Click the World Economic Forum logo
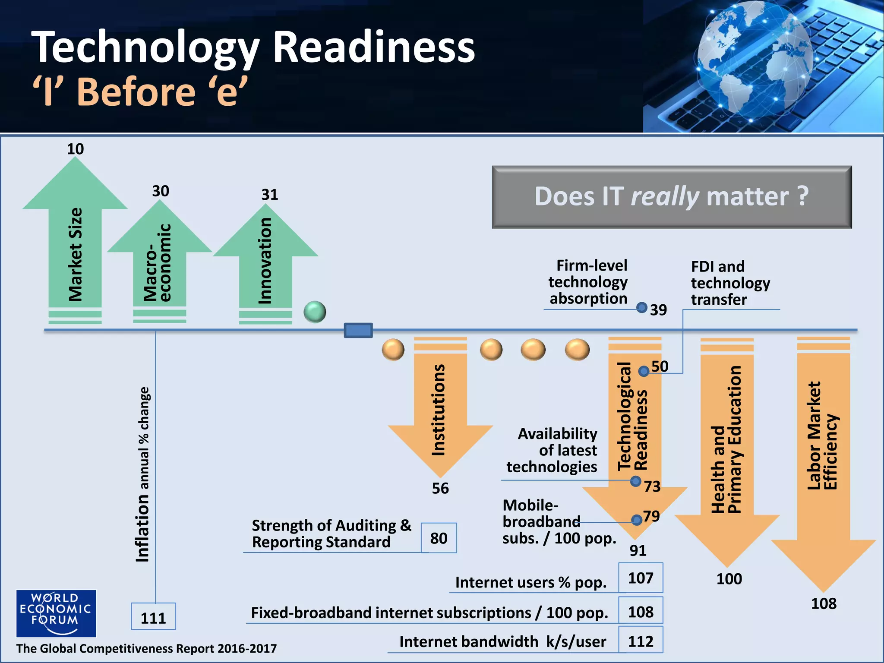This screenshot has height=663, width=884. click(x=56, y=613)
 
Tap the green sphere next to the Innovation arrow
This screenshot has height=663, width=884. click(x=315, y=312)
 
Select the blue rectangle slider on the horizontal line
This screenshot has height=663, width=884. click(x=358, y=331)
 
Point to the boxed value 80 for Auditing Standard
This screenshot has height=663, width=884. click(x=439, y=538)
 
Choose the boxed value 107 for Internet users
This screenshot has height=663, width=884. click(x=641, y=578)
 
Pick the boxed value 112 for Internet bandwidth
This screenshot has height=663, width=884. click(x=641, y=641)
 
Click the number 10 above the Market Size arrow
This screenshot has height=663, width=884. click(x=75, y=149)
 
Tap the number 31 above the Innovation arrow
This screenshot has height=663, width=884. click(x=270, y=195)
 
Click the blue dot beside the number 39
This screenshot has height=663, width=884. click(x=642, y=307)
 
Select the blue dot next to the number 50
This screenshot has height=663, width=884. click(x=644, y=371)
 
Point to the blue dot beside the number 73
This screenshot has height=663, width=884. click(x=635, y=481)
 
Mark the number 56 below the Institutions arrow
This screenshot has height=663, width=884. click(x=440, y=488)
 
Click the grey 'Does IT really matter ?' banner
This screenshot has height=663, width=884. click(x=672, y=197)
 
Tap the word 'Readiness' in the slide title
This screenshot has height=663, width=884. click(x=374, y=47)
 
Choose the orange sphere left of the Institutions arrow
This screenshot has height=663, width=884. click(x=393, y=349)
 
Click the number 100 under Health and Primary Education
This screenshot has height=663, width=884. click(x=729, y=579)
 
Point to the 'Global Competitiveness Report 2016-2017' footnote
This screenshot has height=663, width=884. click(x=146, y=648)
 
